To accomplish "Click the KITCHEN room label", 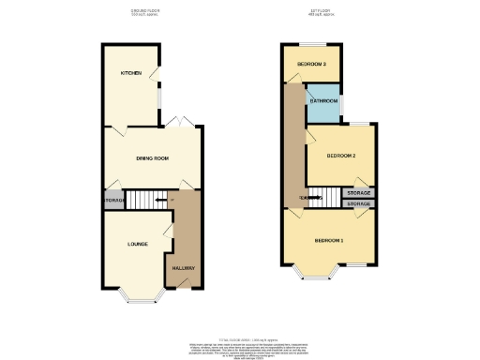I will pos(130,72).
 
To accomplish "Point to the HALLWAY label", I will pos(183,269).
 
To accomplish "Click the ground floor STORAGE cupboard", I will pos(113,200).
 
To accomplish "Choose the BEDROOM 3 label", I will pos(311,64).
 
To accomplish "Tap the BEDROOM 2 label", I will pos(340,156).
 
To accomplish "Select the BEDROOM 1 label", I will pos(328,241).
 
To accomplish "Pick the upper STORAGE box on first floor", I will pos(358,192).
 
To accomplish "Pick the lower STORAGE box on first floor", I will pos(358,202).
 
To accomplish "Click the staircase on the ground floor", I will pos(145,199).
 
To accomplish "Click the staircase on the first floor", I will pos(320,197).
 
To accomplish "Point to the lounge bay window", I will pos(143,299).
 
